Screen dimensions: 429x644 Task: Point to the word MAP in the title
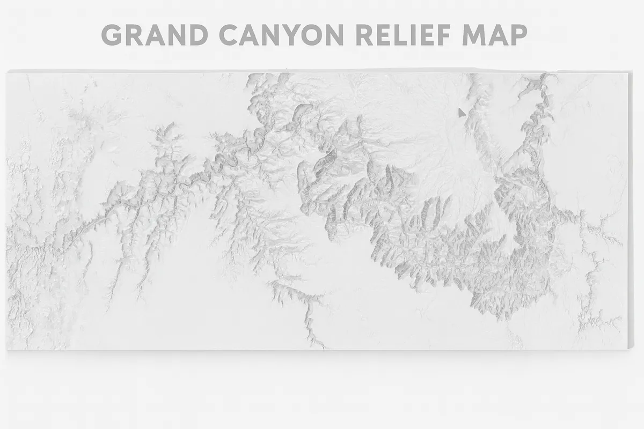click(x=495, y=35)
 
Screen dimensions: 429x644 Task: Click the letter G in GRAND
click(x=113, y=35)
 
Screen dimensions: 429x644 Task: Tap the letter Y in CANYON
click(x=299, y=35)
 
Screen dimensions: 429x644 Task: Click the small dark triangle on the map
click(x=461, y=113)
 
